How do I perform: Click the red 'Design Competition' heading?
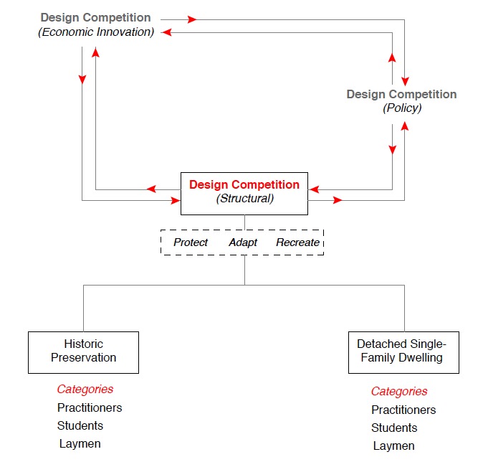244,185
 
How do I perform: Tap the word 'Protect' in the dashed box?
191,242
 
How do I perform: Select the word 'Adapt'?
243,242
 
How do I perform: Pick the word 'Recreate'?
297,242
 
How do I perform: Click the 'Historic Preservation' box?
83,352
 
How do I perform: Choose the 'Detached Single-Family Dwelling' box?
403,352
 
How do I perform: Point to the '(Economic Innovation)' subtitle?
96,32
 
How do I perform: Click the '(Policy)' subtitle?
401,108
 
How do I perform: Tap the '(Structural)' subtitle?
244,199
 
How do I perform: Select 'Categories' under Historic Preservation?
85,390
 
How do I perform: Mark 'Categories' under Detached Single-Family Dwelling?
399,392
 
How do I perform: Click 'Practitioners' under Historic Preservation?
90,407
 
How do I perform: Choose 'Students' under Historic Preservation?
80,425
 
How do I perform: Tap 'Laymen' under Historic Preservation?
80,443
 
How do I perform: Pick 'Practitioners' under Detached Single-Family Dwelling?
403,410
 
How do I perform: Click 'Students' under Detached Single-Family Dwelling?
394,428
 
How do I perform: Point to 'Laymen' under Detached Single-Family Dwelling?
393,446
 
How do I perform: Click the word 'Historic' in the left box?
83,344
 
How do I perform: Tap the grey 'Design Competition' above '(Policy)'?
401,94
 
